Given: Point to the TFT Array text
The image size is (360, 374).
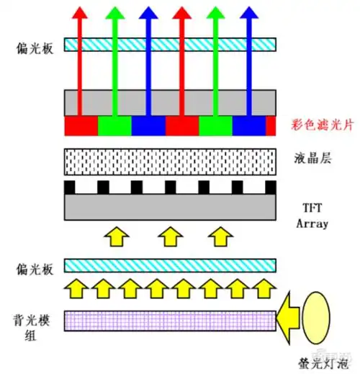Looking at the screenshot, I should coord(312,215).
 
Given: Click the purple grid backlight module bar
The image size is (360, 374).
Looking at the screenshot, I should coord(170,319).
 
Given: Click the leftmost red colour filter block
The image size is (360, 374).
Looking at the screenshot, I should coord(81,126).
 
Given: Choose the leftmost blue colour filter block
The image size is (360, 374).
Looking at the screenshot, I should coord(148,126).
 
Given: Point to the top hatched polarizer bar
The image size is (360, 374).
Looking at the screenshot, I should coord(170,45).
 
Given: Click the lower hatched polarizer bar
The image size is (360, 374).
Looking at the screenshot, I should coord(170,265).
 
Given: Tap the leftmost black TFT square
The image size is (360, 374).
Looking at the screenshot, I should coord(70,188).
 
